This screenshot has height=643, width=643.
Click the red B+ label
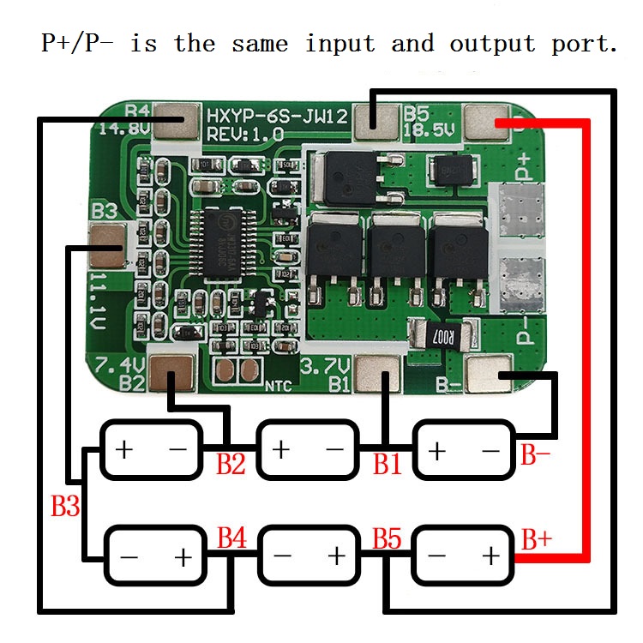click(537, 540)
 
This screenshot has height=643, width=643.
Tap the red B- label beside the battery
click(536, 454)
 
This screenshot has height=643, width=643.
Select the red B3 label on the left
click(65, 506)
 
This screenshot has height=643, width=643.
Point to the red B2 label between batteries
click(231, 465)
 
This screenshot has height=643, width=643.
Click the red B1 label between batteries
click(388, 465)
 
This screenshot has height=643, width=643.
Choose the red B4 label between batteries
click(231, 539)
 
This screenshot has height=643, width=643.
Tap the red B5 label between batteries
click(387, 539)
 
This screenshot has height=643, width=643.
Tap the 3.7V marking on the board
click(322, 364)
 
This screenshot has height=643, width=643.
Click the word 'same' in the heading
click(259, 43)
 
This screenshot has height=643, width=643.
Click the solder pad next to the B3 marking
click(107, 241)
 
